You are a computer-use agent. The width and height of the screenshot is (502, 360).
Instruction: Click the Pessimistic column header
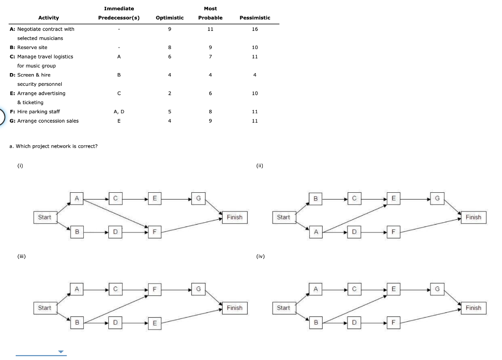(x=254, y=18)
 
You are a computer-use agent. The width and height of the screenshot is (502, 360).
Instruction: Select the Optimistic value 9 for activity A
(x=169, y=29)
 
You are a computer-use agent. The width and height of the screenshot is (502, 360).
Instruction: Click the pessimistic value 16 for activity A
(x=254, y=29)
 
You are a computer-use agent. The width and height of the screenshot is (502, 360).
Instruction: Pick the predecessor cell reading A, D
(x=119, y=112)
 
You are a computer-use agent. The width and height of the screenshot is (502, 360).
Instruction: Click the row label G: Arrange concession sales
(x=44, y=121)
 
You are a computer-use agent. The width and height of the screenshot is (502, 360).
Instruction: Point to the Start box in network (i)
(x=45, y=217)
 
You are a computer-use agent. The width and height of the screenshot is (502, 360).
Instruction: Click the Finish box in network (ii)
(x=473, y=217)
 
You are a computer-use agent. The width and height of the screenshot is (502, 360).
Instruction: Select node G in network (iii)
(x=198, y=289)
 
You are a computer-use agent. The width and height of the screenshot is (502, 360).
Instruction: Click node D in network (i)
(x=115, y=231)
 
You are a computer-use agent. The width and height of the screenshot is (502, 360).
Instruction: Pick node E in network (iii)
(x=154, y=323)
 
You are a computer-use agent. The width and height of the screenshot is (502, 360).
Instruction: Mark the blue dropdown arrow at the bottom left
(x=61, y=352)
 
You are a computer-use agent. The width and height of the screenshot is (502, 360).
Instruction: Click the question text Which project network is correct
(x=53, y=146)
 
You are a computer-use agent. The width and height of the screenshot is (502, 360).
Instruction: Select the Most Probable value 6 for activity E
(x=210, y=93)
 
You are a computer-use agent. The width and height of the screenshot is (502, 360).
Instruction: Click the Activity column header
(x=49, y=18)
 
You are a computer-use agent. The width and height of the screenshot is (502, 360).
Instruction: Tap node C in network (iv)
(x=354, y=289)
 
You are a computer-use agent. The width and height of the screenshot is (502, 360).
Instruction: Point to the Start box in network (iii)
(x=45, y=308)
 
